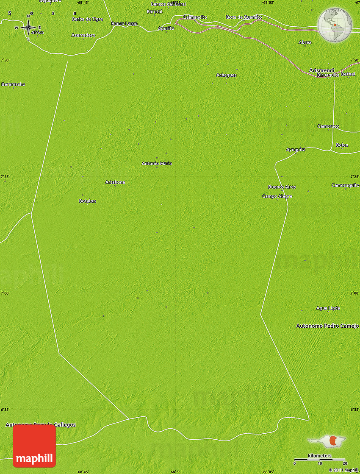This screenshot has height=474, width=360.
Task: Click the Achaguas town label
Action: coord(226,75)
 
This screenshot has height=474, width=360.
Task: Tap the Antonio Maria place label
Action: coord(157,163)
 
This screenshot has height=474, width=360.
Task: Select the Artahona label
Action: coord(115,182)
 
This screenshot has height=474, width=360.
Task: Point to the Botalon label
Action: coord(88,201)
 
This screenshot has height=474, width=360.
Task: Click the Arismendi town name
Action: coord(322,70)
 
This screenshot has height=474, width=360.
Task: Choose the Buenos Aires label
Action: coord(282,187)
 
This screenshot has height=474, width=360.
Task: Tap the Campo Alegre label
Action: coord(277,196)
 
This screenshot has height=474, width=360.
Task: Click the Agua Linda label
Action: coord(328,308)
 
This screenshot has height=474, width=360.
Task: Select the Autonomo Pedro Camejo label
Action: coord(327,326)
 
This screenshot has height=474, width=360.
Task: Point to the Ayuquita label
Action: coord(296,150)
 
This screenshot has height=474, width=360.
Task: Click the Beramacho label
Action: coord(13,84)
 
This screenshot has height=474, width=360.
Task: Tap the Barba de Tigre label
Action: coord(88,19)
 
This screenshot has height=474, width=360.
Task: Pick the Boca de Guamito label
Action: coord(244,17)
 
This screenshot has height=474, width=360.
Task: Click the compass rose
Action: coord(28,28)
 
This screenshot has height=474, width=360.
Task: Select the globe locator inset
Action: coord(335,25)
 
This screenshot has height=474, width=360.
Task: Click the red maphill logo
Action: coord(34,446)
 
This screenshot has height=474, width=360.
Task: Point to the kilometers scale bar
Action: coord(320,459)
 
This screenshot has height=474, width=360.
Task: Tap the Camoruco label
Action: coord(328,126)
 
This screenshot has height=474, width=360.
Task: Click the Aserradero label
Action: coord(83,35)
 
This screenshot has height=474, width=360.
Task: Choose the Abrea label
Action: coord(305,42)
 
